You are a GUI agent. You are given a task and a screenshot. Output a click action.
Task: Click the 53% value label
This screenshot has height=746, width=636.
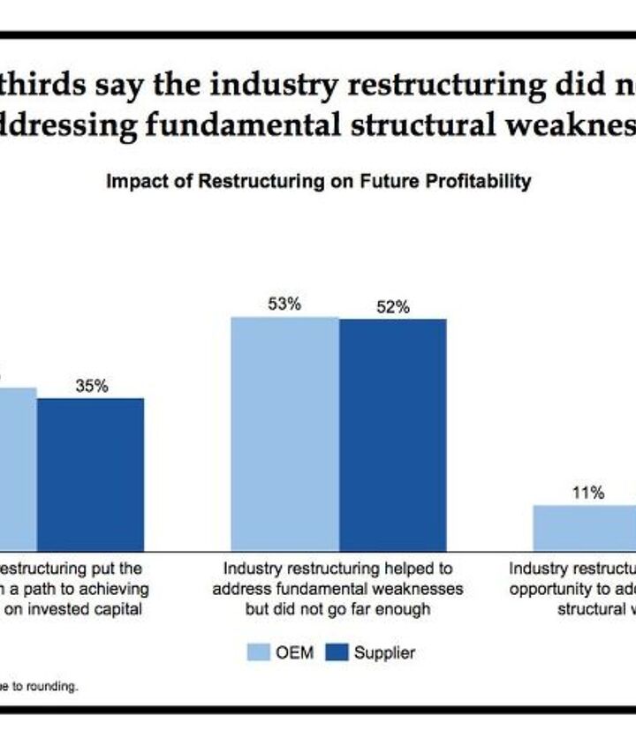click(x=284, y=304)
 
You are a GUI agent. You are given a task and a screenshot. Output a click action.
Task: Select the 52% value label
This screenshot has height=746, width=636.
click(x=393, y=307)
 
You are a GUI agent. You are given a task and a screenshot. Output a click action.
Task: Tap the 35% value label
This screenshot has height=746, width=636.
click(x=91, y=386)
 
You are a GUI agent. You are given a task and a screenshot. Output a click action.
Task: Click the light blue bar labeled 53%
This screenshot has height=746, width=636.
click(x=284, y=433)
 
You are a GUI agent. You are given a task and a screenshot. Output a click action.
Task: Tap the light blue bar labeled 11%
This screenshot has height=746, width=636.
click(x=584, y=527)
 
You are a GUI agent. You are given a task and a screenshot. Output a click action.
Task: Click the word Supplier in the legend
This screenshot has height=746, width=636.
click(x=384, y=653)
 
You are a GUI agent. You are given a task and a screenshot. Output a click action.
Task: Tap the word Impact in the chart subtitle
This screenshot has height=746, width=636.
click(x=131, y=182)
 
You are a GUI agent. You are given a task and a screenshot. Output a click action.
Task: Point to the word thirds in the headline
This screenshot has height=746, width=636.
click(x=40, y=85)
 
